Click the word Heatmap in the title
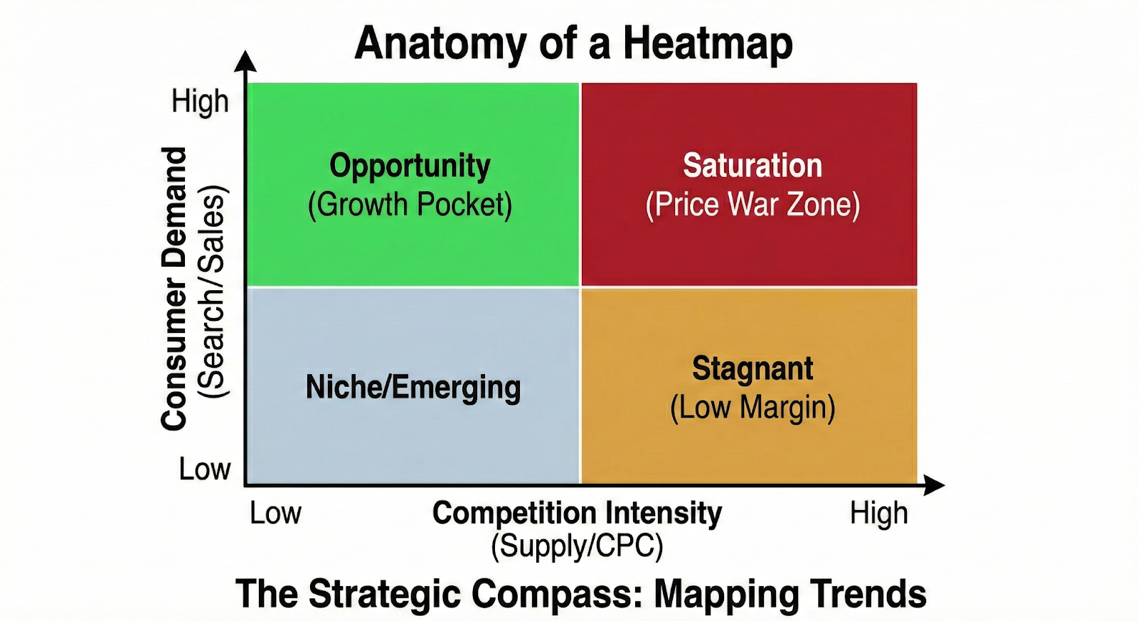708,44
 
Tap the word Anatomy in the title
440,44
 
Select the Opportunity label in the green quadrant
410,166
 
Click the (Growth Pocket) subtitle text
410,205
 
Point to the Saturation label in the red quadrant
753,166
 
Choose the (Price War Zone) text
753,205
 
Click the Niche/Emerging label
413,388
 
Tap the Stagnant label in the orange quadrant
753,368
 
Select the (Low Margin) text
753,408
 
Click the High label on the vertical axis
200,102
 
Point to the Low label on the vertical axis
205,469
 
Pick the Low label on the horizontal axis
275,514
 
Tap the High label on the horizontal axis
878,514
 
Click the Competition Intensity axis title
577,513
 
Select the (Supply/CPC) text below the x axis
577,546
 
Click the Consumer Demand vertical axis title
174,288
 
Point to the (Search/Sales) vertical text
211,292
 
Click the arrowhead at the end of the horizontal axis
935,486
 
